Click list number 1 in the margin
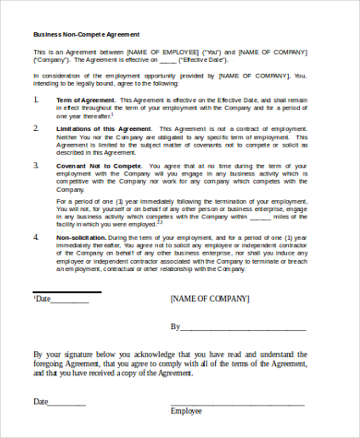pyautogui.click(x=35, y=98)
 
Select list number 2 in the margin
pyautogui.click(x=35, y=130)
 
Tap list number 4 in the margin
pyautogui.click(x=35, y=237)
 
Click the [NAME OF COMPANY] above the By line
pyautogui.click(x=210, y=300)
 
